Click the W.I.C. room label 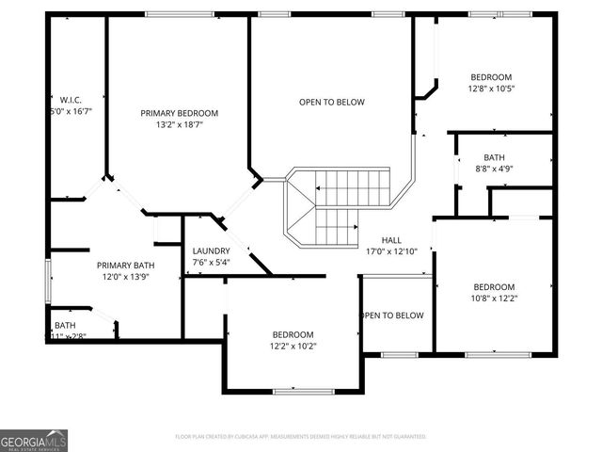[71, 99]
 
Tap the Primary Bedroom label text [179, 113]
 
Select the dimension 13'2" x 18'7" [179, 124]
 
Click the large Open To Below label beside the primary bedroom [331, 102]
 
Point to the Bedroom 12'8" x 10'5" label [491, 77]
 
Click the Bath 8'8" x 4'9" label [494, 157]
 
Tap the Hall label [392, 240]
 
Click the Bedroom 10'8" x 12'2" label [494, 287]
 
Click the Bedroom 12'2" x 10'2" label [293, 334]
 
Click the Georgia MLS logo [34, 439]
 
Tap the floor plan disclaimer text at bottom [301, 436]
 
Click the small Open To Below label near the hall [393, 315]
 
